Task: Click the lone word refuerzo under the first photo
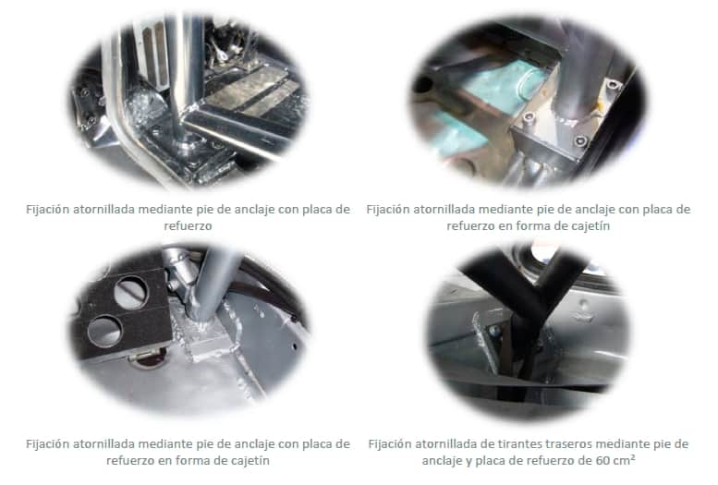188,225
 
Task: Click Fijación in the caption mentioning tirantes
389,444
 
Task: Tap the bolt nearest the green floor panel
529,117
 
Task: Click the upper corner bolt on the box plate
613,85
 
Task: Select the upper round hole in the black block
131,293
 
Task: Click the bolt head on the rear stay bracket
493,331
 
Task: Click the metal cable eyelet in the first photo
222,55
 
